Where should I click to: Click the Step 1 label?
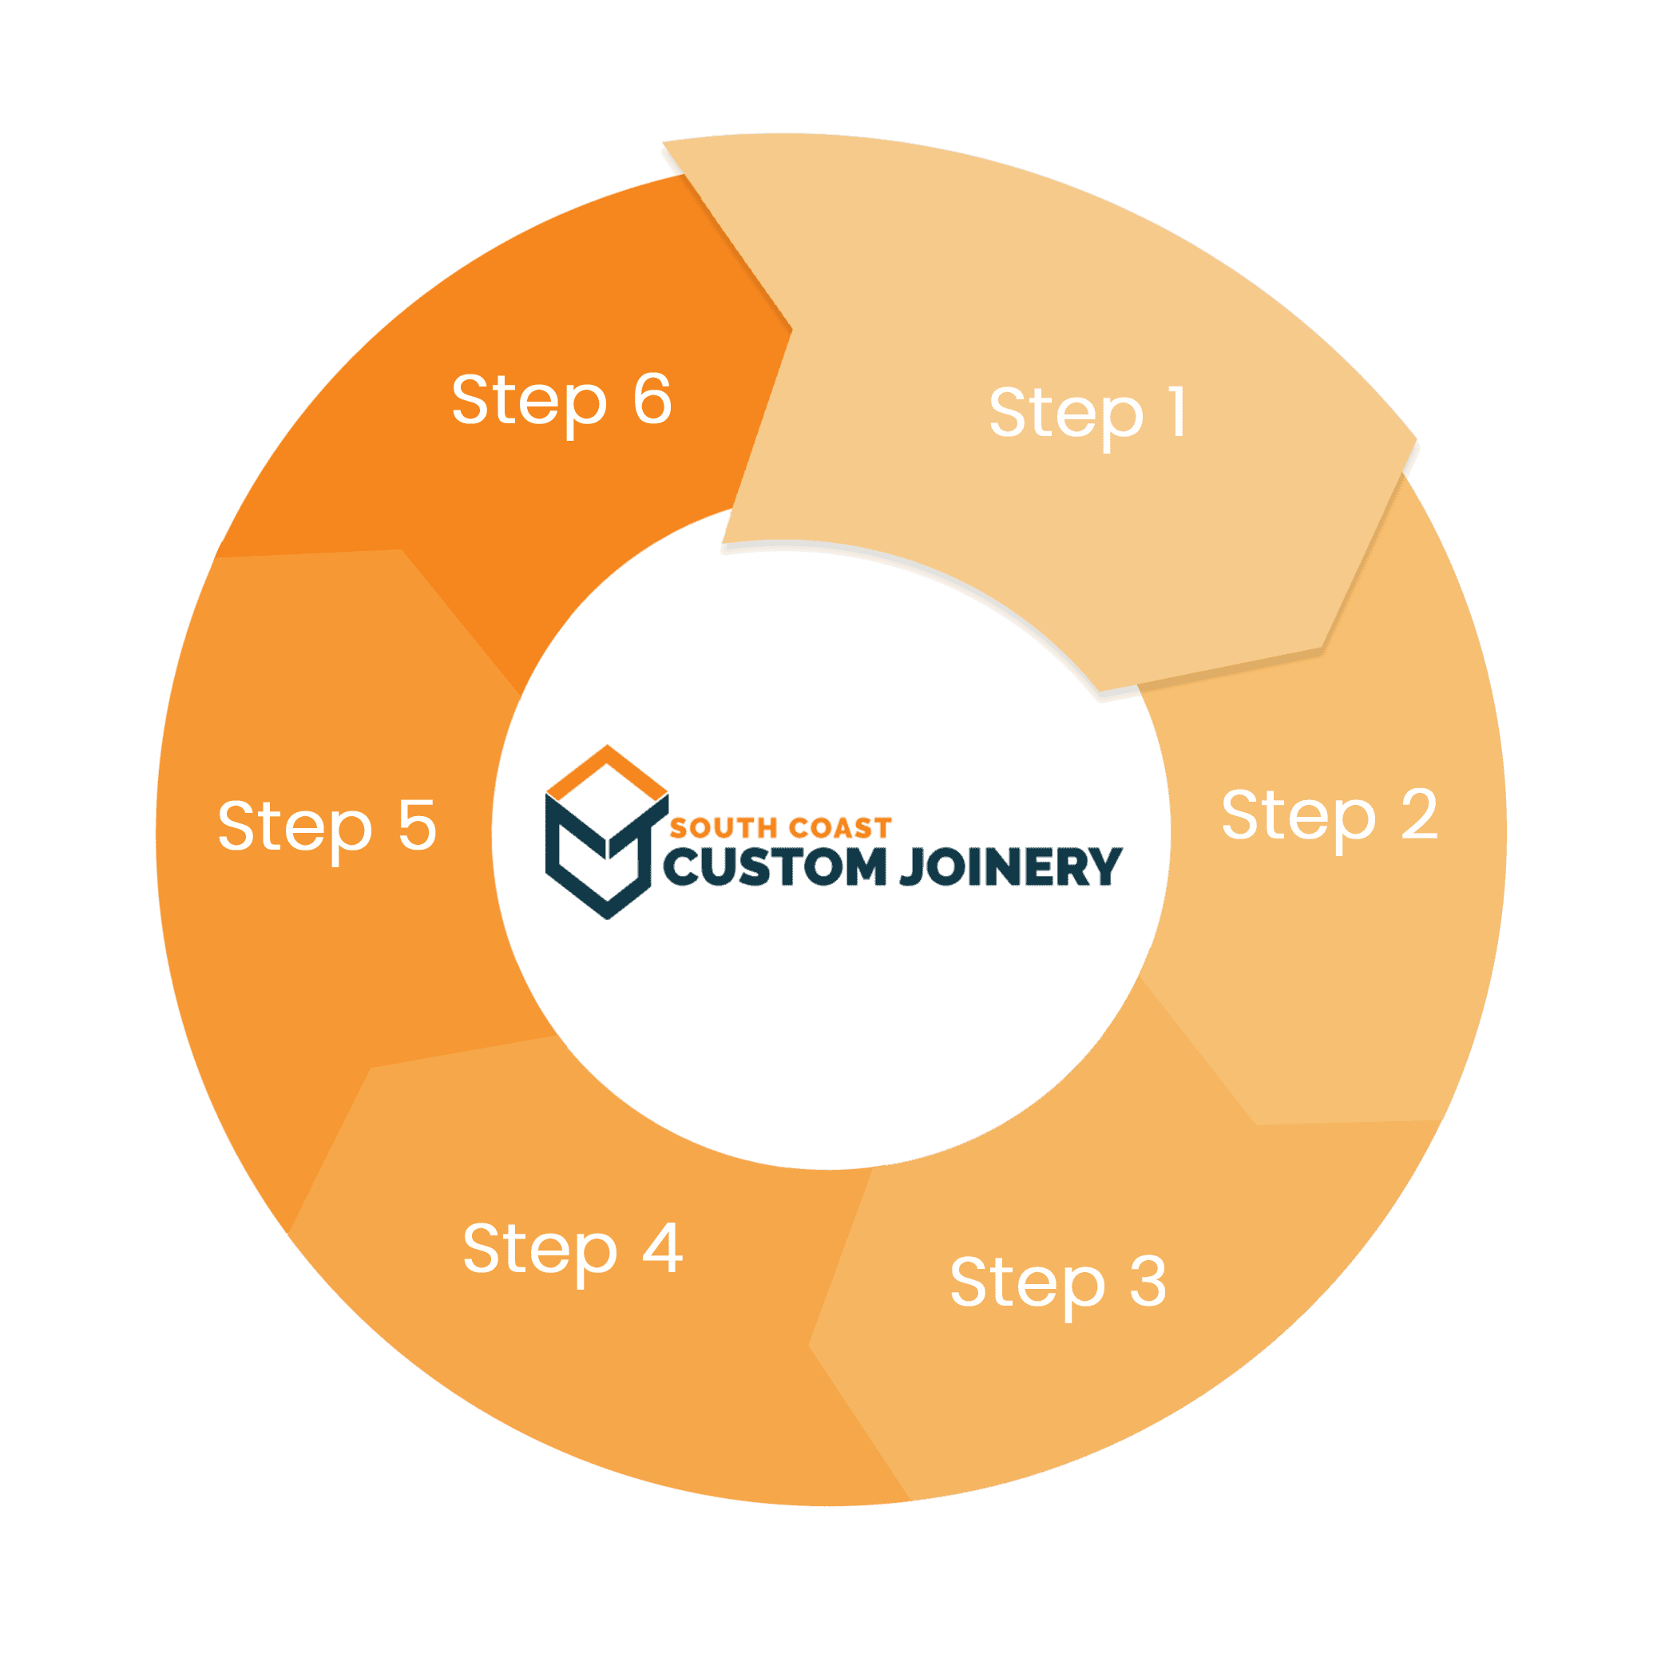[x=1088, y=414]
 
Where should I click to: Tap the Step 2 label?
[x=1329, y=816]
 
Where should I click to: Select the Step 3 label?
[x=1058, y=1282]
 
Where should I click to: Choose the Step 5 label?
[x=327, y=827]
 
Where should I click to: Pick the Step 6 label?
[x=561, y=401]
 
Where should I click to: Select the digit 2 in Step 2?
[x=1418, y=814]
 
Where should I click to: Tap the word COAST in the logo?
[x=838, y=829]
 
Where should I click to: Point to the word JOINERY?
[x=1010, y=868]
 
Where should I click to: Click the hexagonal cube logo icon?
[x=607, y=832]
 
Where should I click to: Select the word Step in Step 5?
[x=295, y=828]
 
